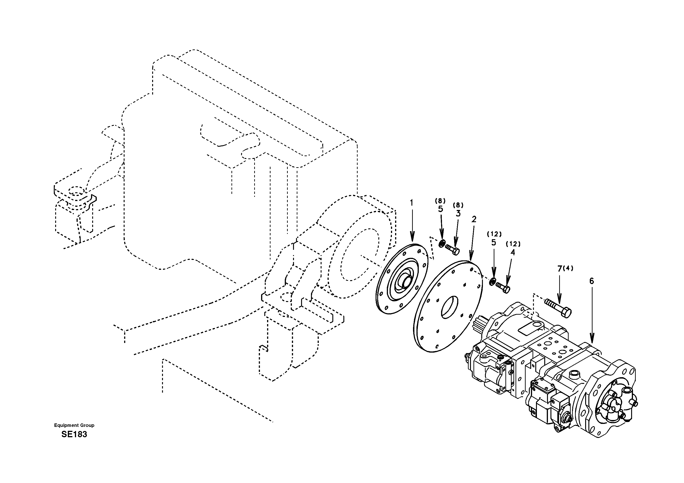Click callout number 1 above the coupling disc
[412, 203]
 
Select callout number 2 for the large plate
[474, 219]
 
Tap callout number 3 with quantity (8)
[458, 213]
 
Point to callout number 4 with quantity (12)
[512, 252]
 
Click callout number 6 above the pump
[591, 281]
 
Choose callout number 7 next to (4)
[559, 269]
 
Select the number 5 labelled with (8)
[440, 209]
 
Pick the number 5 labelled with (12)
[494, 242]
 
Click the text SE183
[74, 434]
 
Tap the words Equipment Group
[74, 425]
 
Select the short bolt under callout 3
[453, 250]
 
